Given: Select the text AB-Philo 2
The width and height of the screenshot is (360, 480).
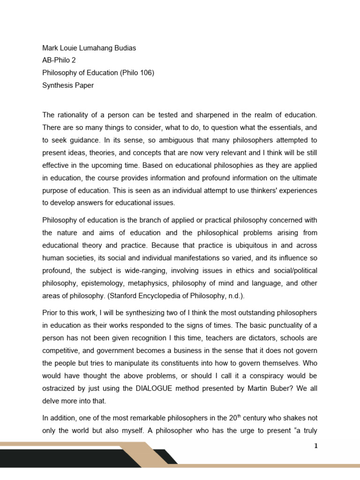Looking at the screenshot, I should point(60,60).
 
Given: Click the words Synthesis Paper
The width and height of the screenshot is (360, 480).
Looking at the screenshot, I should point(68,85).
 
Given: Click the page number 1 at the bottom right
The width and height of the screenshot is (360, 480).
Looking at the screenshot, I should point(316,446).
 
